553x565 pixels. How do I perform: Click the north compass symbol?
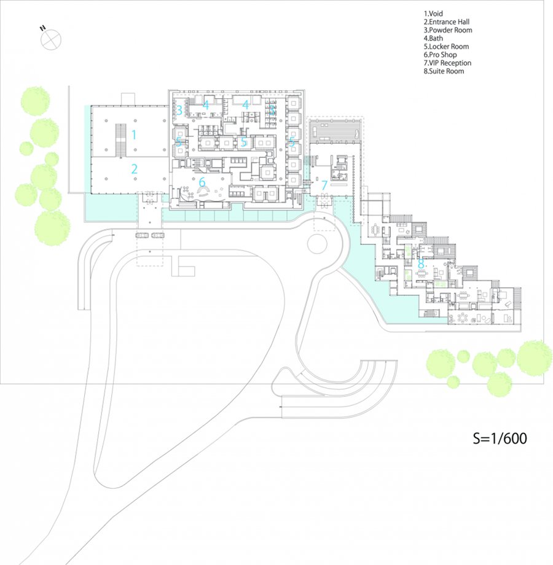click(51, 39)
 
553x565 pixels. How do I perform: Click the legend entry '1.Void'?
click(433, 14)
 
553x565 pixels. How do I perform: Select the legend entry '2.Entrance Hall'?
click(446, 22)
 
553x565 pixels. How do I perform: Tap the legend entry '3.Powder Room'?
click(448, 30)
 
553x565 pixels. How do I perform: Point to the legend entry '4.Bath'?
click(433, 38)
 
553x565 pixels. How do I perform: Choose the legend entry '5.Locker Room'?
click(446, 47)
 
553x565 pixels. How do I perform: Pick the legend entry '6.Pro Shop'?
click(440, 55)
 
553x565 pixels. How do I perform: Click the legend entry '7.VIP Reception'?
click(447, 63)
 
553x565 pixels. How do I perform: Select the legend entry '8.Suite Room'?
click(444, 71)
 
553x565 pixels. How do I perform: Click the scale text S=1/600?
click(500, 438)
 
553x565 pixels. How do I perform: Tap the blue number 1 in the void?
click(134, 134)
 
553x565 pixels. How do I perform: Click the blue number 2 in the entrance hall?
click(135, 169)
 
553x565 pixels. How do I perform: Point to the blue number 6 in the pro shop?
click(202, 182)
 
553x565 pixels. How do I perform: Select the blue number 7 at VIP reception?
click(324, 185)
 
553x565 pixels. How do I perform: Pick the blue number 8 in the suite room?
click(421, 263)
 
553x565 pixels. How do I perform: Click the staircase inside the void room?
click(121, 141)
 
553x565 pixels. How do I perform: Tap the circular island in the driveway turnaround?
click(317, 244)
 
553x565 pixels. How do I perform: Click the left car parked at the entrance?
click(142, 235)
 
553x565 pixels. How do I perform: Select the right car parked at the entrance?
click(158, 235)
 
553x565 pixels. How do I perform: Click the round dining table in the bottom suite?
click(462, 318)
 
